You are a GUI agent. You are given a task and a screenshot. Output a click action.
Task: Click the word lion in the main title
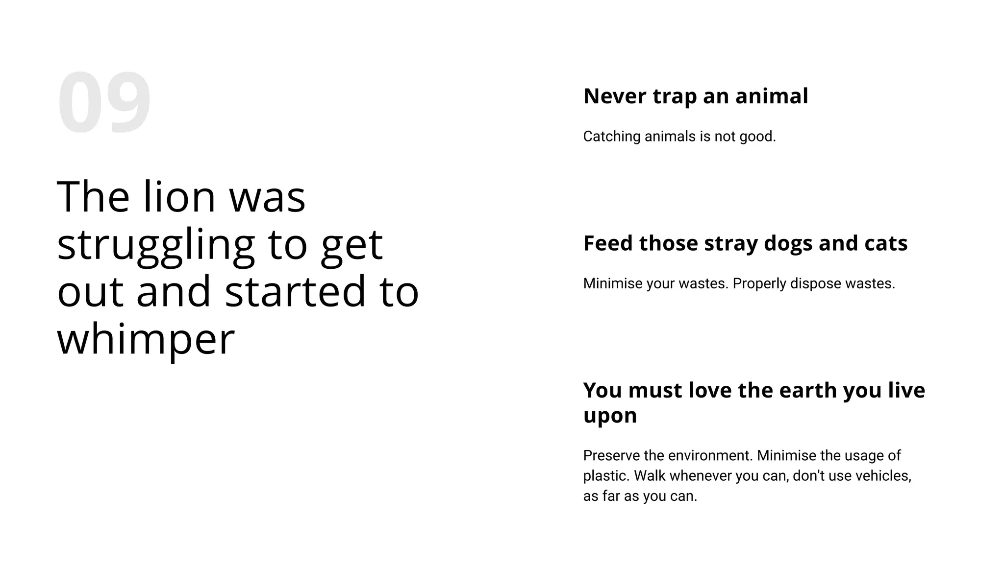click(179, 197)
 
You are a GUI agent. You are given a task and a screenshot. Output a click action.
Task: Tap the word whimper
click(146, 340)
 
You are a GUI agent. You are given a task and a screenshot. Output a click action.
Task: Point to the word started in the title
click(295, 292)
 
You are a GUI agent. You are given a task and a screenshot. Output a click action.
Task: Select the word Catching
click(611, 137)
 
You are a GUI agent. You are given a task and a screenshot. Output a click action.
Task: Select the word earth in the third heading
click(807, 390)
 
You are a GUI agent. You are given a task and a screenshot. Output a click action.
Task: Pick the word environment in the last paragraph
click(710, 456)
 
